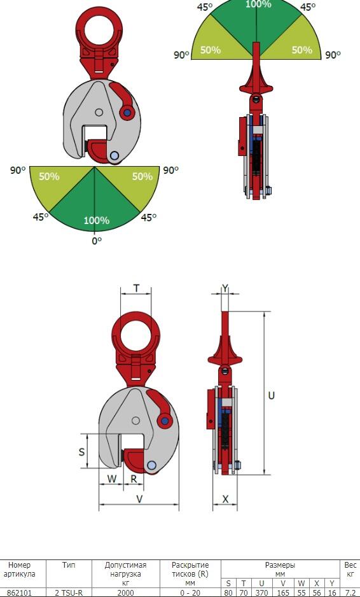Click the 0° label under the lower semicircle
tap(97, 241)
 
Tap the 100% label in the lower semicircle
tap(97, 220)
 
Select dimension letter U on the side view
tap(272, 396)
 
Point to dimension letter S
tap(81, 452)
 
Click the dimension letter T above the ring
tap(136, 288)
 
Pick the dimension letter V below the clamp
tap(140, 499)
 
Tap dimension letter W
tap(111, 479)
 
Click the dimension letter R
tap(134, 479)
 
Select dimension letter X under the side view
tap(225, 499)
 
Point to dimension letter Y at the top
tap(225, 288)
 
